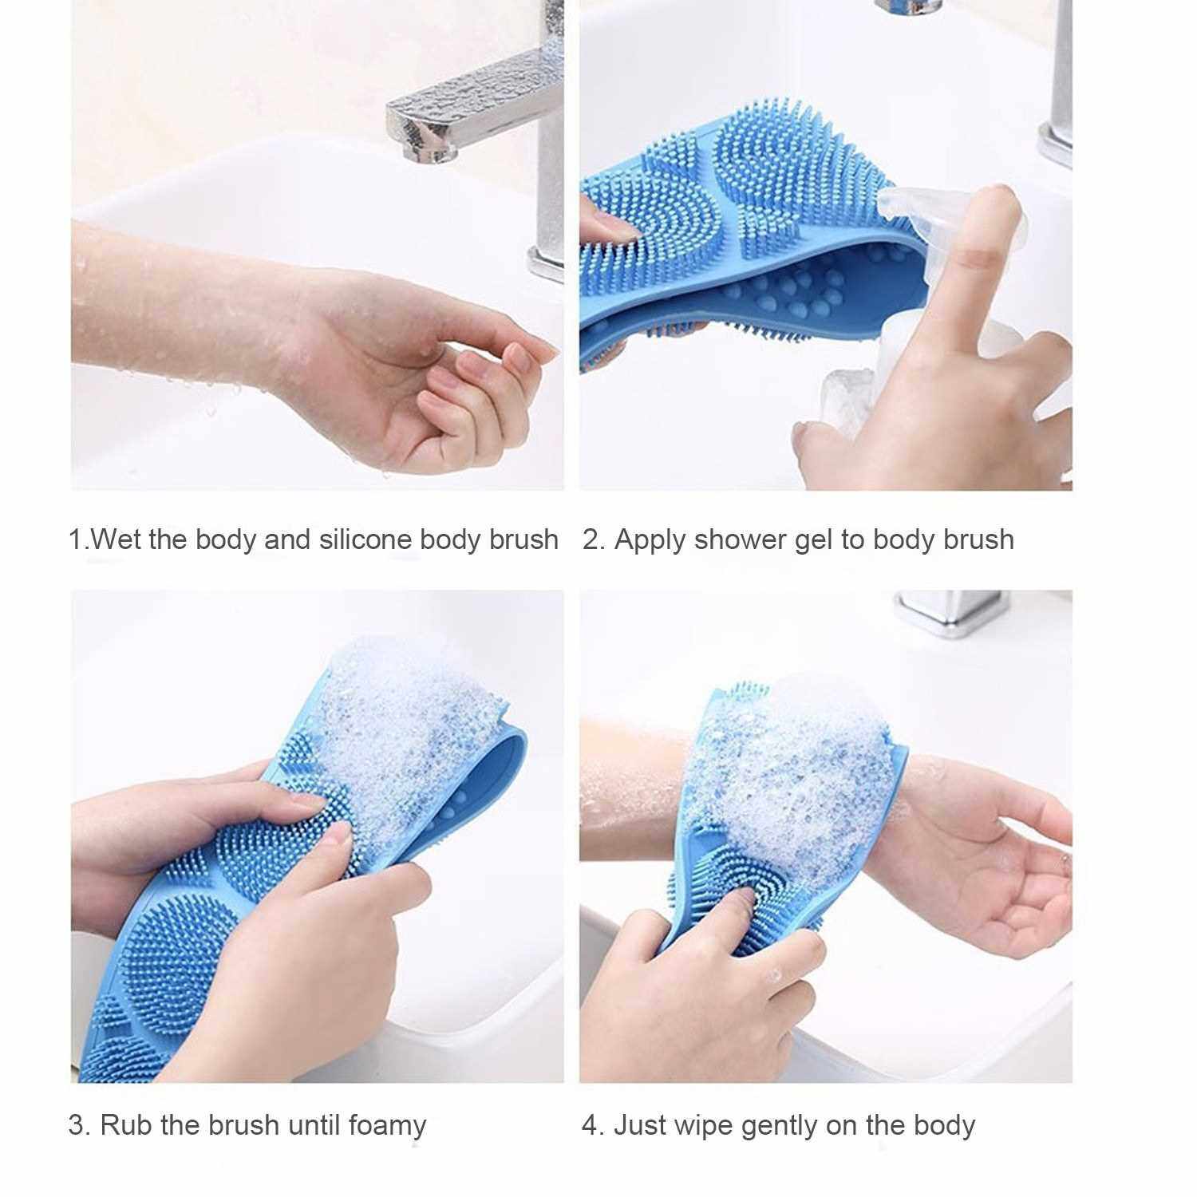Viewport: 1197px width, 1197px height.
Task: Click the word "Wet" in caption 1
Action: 117,539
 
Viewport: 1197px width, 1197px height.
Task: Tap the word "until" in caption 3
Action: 315,1125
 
